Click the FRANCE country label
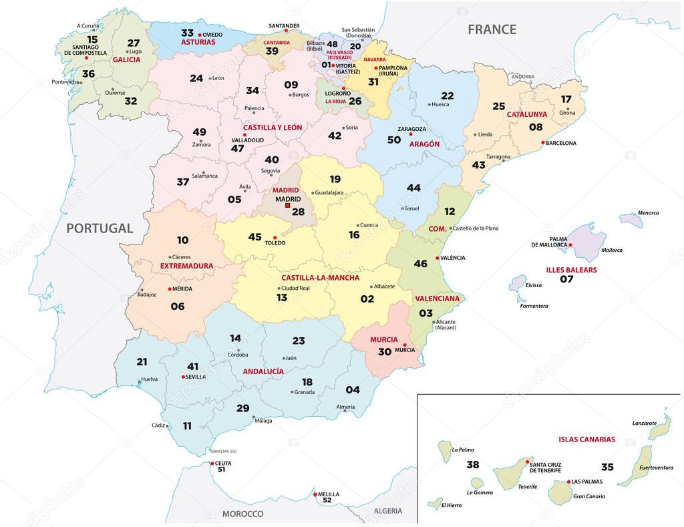[x=492, y=29]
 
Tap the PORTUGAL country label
[x=100, y=228]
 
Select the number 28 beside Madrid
[x=298, y=212]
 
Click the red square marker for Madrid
[x=288, y=206]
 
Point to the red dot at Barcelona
[x=543, y=142]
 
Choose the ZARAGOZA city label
[x=411, y=128]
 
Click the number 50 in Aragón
[x=394, y=140]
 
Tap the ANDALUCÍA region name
[x=263, y=371]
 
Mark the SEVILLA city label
[x=196, y=377]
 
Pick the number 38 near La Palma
[x=473, y=464]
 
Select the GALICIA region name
[x=126, y=59]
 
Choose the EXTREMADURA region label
[x=186, y=265]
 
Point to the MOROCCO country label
[x=242, y=514]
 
